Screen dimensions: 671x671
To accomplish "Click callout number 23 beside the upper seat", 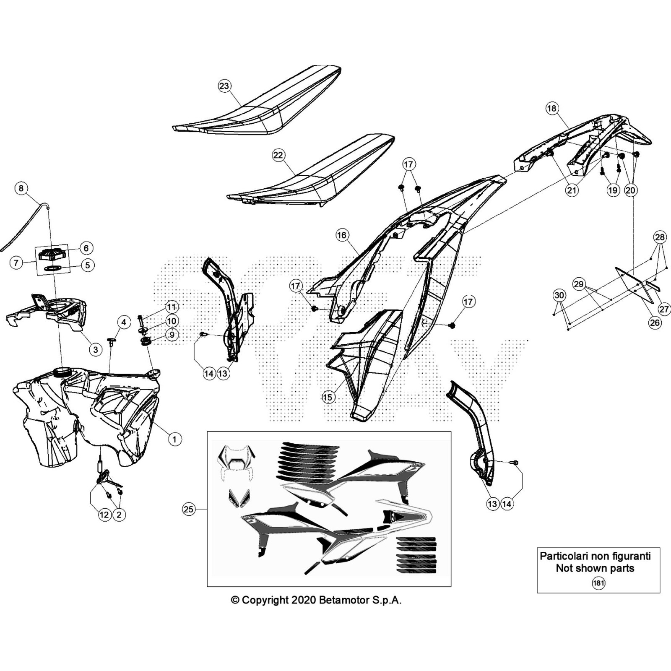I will [x=224, y=86].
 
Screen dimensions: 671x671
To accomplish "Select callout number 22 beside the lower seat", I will [x=278, y=155].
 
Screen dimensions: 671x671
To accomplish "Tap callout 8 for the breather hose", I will [x=21, y=188].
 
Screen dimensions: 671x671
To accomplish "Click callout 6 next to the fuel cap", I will [x=86, y=248].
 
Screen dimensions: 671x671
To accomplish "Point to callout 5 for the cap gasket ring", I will [x=87, y=265].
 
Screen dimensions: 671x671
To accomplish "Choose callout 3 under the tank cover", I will [x=96, y=349].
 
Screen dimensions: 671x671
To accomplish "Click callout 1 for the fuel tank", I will [x=174, y=439].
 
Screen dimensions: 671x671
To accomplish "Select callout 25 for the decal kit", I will [x=189, y=509].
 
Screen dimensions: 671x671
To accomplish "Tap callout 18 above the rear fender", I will [x=551, y=108].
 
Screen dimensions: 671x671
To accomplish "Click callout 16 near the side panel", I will [x=342, y=235].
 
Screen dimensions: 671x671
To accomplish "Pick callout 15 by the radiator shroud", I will [x=328, y=397].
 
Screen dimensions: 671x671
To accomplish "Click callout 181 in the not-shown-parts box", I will [x=598, y=583].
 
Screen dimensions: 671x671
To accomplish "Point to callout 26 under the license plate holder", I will [x=655, y=322].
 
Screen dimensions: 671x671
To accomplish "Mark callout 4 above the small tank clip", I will [x=123, y=322].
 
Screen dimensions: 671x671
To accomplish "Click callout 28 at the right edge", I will [x=660, y=237].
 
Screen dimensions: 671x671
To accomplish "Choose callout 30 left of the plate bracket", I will [x=559, y=295].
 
